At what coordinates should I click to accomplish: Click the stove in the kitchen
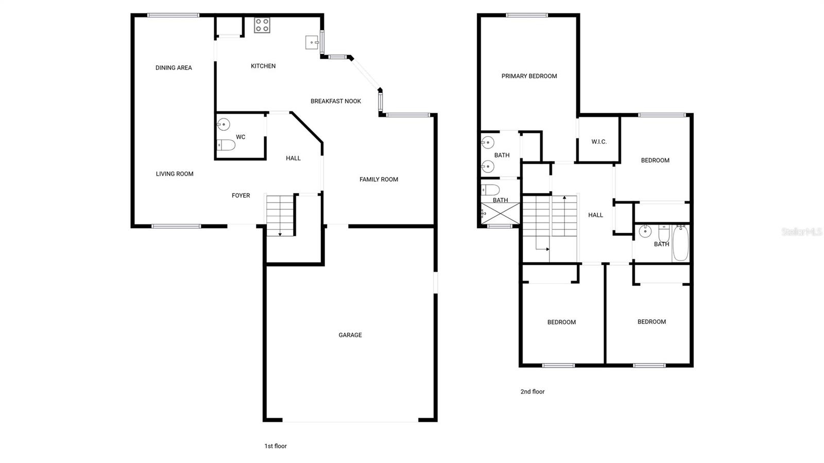[x=262, y=25]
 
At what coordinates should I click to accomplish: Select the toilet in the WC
[x=226, y=145]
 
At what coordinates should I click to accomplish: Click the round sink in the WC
[x=224, y=124]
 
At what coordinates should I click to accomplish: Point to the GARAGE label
[x=350, y=335]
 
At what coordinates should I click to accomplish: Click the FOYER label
[x=241, y=196]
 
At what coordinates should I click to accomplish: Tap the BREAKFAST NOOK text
[x=336, y=101]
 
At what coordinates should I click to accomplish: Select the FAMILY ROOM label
[x=379, y=180]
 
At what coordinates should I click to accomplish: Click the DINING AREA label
[x=174, y=68]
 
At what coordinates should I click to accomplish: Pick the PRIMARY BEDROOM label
[x=529, y=76]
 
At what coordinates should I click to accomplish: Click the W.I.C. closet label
[x=599, y=142]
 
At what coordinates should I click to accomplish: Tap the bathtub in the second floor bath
[x=680, y=243]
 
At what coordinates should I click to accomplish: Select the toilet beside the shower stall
[x=490, y=190]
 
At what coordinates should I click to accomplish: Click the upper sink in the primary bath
[x=488, y=142]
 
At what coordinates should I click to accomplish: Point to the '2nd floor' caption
[x=532, y=392]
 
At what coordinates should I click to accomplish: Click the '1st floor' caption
[x=276, y=447]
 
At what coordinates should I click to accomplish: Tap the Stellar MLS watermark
[x=801, y=232]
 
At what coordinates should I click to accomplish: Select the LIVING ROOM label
[x=175, y=174]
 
